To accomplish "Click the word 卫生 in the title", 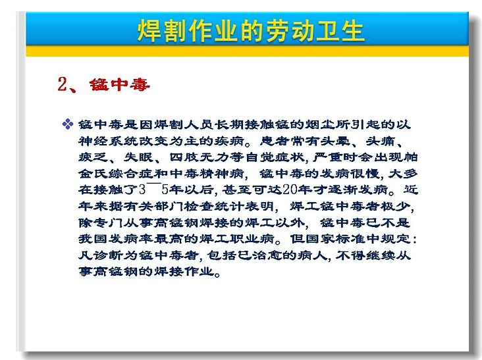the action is pyautogui.click(x=340, y=30).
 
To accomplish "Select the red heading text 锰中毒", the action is pyautogui.click(x=120, y=84).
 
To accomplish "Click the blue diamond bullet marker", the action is pyautogui.click(x=68, y=124).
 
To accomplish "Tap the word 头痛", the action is pyautogui.click(x=380, y=141).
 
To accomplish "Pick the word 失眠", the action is pyautogui.click(x=138, y=157).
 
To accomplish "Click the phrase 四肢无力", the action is pyautogui.click(x=199, y=157).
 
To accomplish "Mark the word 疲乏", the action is pyautogui.click(x=93, y=157).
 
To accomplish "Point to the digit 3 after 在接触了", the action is pyautogui.click(x=142, y=190).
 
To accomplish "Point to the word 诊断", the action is pyautogui.click(x=108, y=255).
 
